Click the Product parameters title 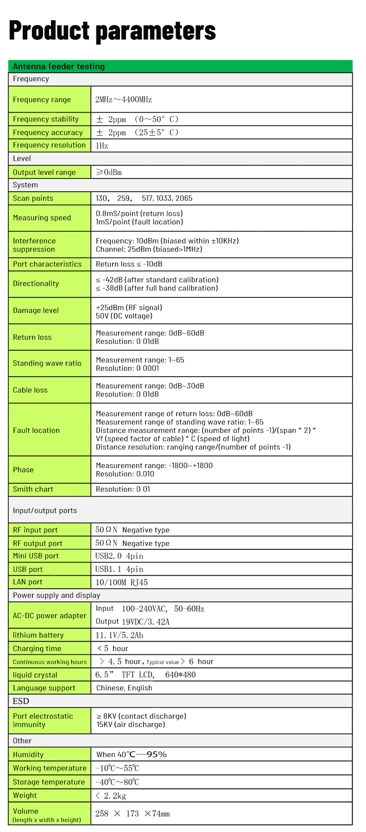point(112,31)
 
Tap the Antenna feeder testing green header point(59,66)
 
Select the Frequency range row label point(42,100)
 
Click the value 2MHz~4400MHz point(124,100)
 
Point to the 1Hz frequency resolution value point(102,145)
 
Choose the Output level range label point(44,172)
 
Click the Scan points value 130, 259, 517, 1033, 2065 point(144,198)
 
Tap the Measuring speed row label point(42,218)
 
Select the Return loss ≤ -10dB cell point(129,264)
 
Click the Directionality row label point(36,284)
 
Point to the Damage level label point(36,310)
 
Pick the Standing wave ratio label point(47,363)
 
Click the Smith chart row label point(33,489)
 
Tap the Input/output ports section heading point(45,511)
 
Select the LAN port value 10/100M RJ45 point(121,582)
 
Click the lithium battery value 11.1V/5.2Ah point(120,635)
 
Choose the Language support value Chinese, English point(124,688)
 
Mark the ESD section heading point(21,701)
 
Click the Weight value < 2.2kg point(111,795)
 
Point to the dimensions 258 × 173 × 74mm point(133,813)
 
